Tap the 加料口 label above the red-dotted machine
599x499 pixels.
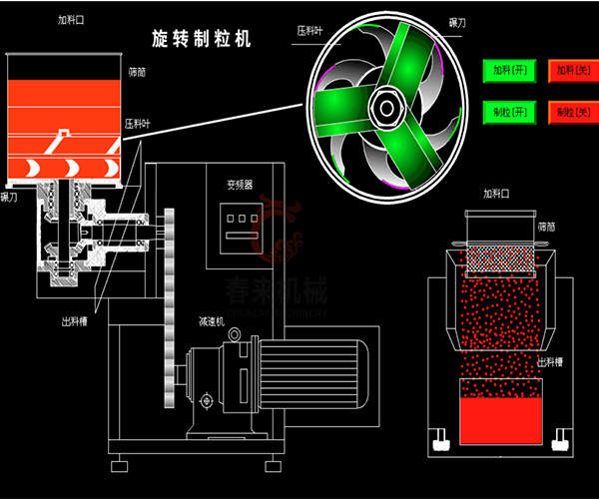(x=496, y=194)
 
